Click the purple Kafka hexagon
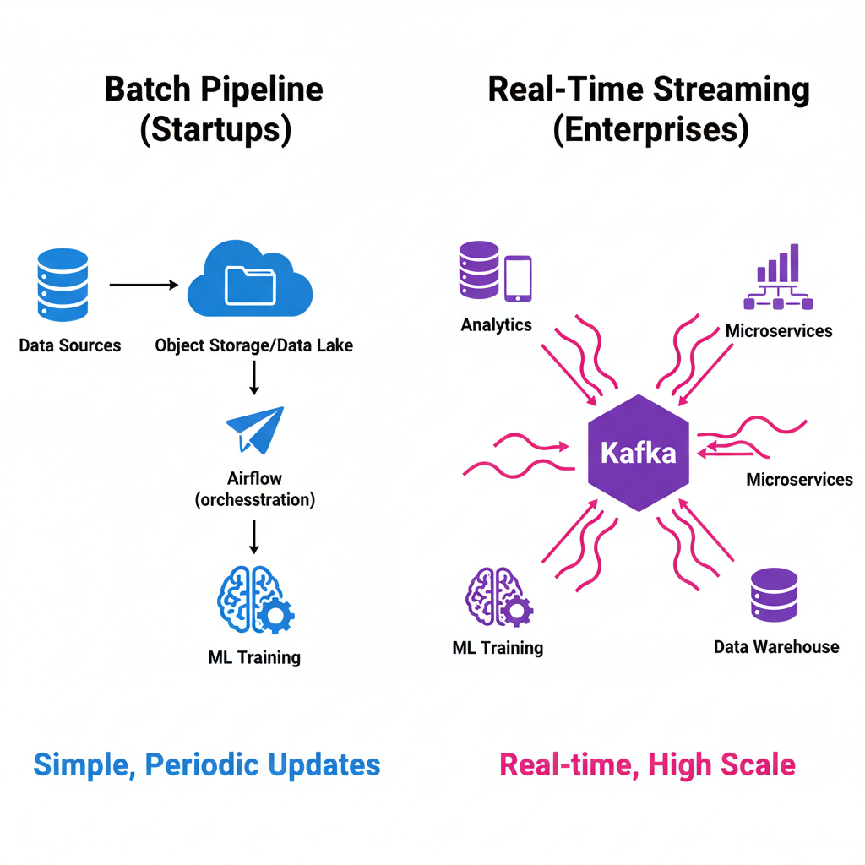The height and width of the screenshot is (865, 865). point(638,453)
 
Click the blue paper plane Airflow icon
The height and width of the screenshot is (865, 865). point(255,430)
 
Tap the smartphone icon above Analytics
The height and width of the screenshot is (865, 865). point(518,279)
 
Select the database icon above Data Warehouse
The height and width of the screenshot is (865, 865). point(774,596)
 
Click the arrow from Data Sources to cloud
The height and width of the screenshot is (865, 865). point(144,286)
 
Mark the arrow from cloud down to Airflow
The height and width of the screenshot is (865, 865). point(254,378)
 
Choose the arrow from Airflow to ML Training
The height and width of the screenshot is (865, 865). point(254,536)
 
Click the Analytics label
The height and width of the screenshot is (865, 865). point(497,324)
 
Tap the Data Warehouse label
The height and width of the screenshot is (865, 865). point(776,647)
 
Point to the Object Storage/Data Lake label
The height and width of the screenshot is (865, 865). point(254,345)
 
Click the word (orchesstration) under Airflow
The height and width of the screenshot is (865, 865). point(254,499)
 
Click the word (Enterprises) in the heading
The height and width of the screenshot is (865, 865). point(650,131)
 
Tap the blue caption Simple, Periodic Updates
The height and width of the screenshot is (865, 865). point(207,764)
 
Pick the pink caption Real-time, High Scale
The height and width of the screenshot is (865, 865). point(647,764)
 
